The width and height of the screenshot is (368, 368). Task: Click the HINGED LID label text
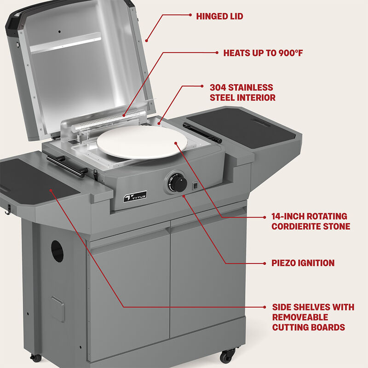tap(219, 17)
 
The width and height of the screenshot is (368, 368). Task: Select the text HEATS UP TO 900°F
tap(263, 53)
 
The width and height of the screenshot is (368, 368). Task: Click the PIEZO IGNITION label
tap(303, 263)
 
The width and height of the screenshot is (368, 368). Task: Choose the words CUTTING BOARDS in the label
tap(308, 328)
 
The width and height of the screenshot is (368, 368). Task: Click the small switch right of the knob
tap(195, 186)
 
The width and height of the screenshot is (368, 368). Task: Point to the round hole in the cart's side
tap(57, 251)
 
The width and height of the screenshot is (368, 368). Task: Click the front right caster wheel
tap(228, 355)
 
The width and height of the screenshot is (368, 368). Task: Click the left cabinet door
tap(130, 294)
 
